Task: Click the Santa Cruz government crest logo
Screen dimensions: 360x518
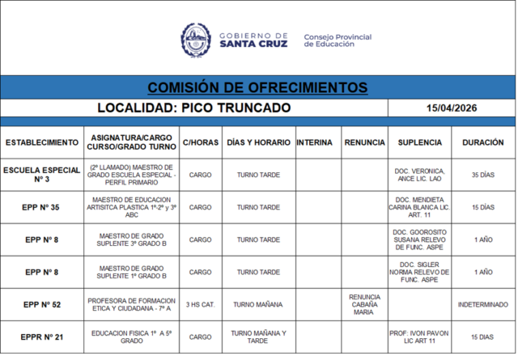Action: tap(195, 40)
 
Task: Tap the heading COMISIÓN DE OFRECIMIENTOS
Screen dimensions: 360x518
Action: tap(257, 87)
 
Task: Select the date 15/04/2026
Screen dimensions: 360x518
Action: tap(452, 108)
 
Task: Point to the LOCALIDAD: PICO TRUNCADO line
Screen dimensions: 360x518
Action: tap(193, 108)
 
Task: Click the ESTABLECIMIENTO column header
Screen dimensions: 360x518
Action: tap(42, 142)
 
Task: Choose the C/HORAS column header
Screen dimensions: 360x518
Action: tap(200, 142)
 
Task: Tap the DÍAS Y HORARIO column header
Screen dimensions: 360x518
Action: tap(258, 142)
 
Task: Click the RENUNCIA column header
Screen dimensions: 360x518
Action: tap(364, 142)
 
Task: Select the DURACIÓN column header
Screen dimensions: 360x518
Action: tap(482, 142)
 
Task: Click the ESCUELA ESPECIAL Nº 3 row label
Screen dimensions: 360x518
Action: tap(42, 175)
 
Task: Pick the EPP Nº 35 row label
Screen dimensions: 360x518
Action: tap(42, 207)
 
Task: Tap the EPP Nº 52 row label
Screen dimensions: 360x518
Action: tap(42, 304)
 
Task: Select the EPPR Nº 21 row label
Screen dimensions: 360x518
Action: tap(42, 337)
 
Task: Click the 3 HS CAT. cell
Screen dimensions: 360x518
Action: tap(200, 304)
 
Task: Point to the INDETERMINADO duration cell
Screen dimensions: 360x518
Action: tap(482, 304)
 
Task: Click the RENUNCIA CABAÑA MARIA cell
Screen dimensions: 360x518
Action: tap(364, 304)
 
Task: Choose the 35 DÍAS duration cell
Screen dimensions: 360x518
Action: tap(482, 175)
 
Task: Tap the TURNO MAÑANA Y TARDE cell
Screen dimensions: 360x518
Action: tap(258, 337)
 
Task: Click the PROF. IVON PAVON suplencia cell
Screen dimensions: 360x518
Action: tap(419, 337)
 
